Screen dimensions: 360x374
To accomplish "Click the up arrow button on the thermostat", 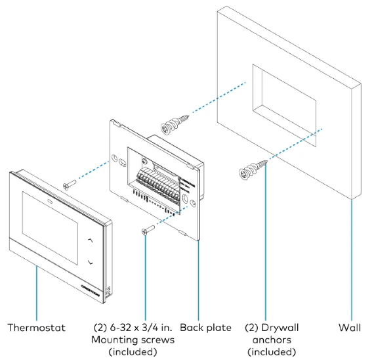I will [x=89, y=241].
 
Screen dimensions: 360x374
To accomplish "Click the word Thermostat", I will [x=36, y=326].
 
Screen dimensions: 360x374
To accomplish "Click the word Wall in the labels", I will [x=352, y=326].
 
